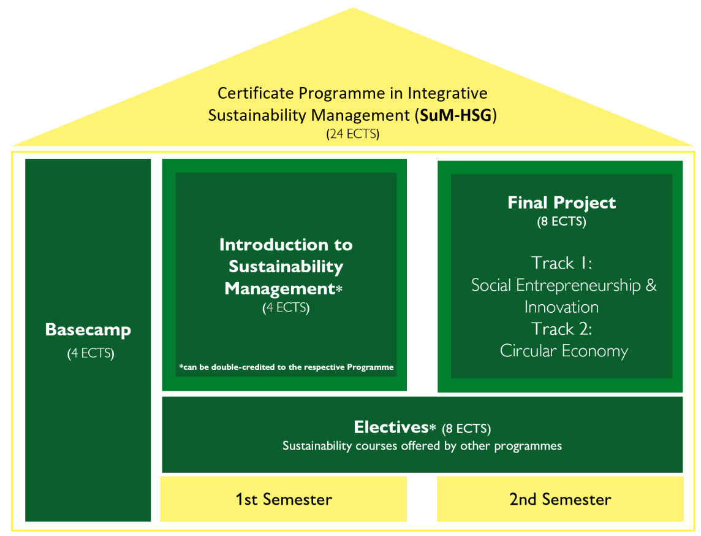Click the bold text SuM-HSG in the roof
456,115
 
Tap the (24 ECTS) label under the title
353,134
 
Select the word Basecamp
88,330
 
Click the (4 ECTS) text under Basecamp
91,353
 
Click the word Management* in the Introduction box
284,289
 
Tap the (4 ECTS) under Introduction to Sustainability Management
286,308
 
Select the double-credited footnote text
286,367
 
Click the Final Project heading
561,203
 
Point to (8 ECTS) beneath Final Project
561,221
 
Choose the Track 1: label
561,263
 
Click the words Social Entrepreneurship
556,285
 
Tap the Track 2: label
561,329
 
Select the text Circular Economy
564,351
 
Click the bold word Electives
391,427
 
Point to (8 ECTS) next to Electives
466,429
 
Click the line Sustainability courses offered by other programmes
422,446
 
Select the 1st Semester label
284,499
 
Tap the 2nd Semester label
560,499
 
